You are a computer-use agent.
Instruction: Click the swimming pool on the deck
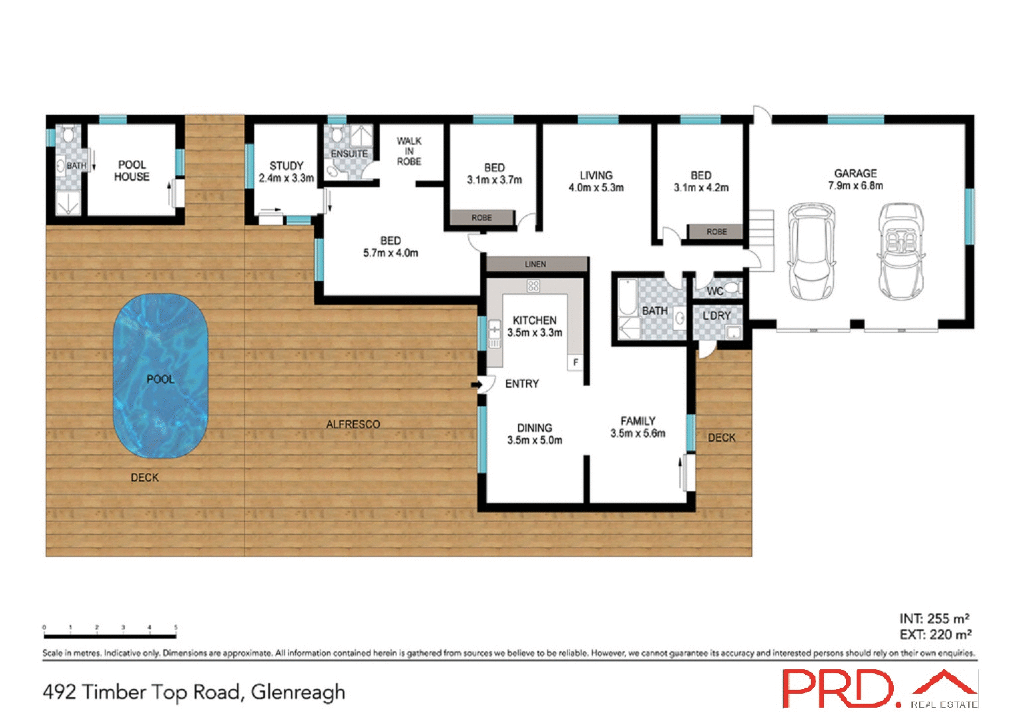[160, 376]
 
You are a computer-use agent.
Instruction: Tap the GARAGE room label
[855, 173]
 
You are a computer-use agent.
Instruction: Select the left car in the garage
[810, 252]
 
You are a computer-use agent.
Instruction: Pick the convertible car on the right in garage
[901, 252]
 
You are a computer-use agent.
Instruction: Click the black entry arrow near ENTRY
[476, 384]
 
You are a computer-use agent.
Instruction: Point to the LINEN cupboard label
[535, 264]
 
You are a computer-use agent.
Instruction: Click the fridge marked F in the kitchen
[575, 362]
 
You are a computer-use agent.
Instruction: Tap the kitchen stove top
[533, 286]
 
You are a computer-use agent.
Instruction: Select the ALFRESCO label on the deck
[353, 424]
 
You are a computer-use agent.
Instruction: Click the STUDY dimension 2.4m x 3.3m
[286, 178]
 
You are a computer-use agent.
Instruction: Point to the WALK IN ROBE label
[409, 151]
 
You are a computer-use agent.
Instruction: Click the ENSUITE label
[349, 154]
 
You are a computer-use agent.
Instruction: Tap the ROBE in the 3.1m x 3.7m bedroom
[482, 218]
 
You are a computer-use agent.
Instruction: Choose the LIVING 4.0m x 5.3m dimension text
[596, 188]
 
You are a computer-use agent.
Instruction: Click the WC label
[715, 291]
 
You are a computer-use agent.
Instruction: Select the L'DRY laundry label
[717, 315]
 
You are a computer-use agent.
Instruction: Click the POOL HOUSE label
[131, 171]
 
